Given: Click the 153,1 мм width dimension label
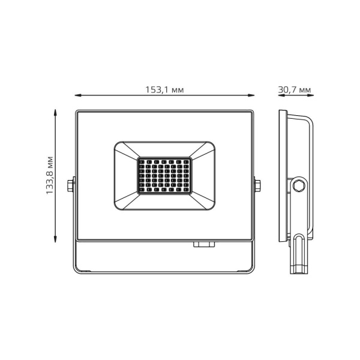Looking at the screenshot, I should [x=164, y=89].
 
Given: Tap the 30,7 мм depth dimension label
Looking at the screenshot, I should [x=295, y=89].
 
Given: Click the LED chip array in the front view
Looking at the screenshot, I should [x=164, y=175].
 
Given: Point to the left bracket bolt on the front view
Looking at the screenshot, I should [x=73, y=185].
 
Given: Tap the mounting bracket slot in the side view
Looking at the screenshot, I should [x=299, y=252].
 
